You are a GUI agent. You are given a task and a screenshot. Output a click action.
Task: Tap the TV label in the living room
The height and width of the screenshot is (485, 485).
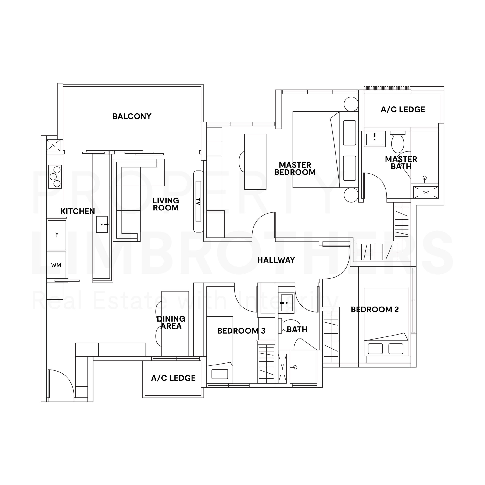coord(198,202)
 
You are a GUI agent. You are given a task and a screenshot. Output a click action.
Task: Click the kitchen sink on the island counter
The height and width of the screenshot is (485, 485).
coord(102,225)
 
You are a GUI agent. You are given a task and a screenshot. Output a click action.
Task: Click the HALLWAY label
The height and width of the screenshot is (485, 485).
coord(276,260)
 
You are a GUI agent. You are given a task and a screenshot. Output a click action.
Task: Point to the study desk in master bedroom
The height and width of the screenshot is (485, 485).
coord(255,162)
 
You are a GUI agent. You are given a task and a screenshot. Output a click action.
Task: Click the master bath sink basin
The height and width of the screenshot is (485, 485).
coord(375,139)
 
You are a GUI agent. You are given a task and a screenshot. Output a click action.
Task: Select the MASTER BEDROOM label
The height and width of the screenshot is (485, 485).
coord(295,169)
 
